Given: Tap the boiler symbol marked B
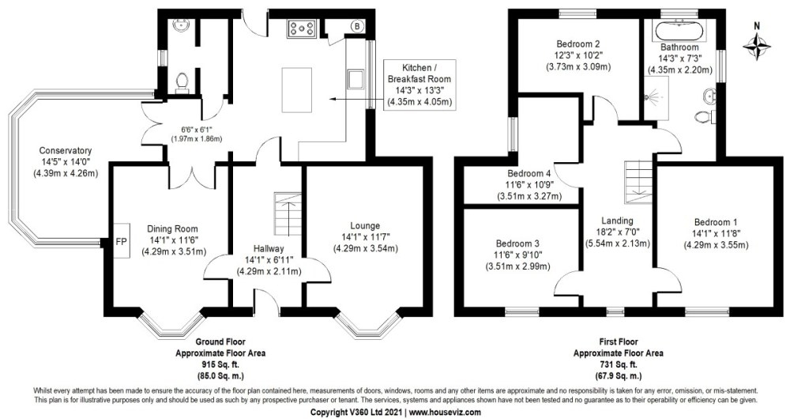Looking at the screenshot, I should [356, 26].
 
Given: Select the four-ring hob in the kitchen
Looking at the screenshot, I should [303, 28].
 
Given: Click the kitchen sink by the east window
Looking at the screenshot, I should [355, 79].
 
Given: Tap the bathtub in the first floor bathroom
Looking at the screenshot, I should [680, 30].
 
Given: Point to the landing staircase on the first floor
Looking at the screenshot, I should [636, 179].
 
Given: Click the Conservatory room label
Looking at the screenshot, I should [66, 151].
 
